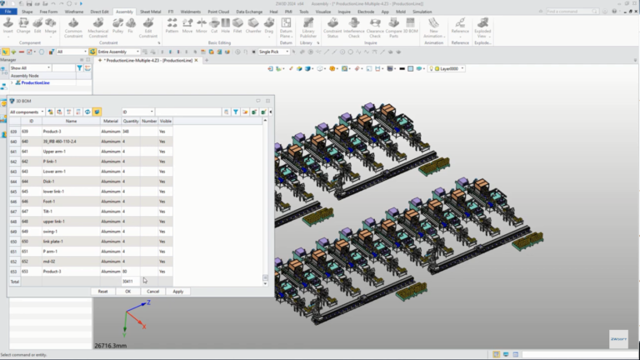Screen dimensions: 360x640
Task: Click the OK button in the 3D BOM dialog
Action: point(127,291)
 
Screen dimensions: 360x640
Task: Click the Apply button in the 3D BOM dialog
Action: point(177,291)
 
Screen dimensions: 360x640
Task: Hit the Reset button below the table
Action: point(102,291)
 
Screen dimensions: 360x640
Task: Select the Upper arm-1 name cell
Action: point(71,152)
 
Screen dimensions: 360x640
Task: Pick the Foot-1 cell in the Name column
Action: point(71,202)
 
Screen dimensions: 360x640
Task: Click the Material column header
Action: point(110,121)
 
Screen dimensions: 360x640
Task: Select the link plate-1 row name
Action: point(71,242)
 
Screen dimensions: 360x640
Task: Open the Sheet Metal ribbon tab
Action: point(151,12)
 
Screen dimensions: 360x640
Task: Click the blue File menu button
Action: point(7,12)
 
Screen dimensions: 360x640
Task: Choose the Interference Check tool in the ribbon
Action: point(353,30)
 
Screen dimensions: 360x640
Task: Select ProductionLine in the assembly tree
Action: point(37,83)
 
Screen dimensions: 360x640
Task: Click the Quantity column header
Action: point(131,121)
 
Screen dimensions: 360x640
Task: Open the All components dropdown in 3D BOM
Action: point(27,111)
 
